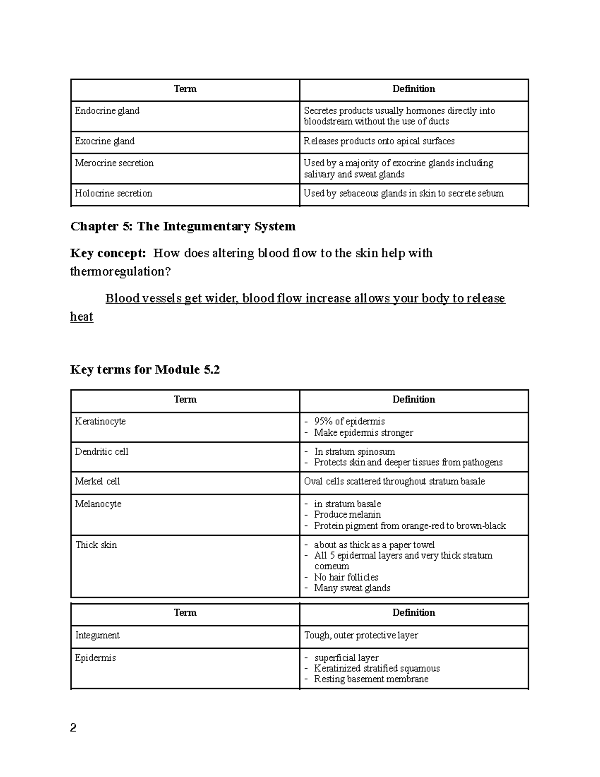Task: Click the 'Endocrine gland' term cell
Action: (x=107, y=111)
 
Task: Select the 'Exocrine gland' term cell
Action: (x=105, y=141)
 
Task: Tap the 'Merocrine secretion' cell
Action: (x=114, y=163)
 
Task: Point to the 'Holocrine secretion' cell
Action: (x=113, y=193)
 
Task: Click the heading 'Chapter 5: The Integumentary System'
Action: (x=183, y=226)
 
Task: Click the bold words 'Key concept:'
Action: (x=108, y=253)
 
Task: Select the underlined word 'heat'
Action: (x=82, y=317)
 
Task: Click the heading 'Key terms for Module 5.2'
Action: (x=145, y=370)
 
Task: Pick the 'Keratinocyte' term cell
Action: (x=100, y=421)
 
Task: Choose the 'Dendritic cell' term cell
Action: (x=102, y=452)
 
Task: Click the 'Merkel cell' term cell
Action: (x=97, y=481)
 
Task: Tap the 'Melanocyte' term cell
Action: (x=98, y=504)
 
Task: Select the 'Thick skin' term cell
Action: (x=96, y=545)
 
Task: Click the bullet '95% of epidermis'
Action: (x=349, y=421)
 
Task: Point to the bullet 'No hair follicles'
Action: (x=346, y=577)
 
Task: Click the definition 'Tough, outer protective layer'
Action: (x=361, y=635)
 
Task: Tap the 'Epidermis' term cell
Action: (x=95, y=658)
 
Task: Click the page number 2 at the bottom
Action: (x=73, y=728)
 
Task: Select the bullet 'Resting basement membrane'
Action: (x=371, y=679)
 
